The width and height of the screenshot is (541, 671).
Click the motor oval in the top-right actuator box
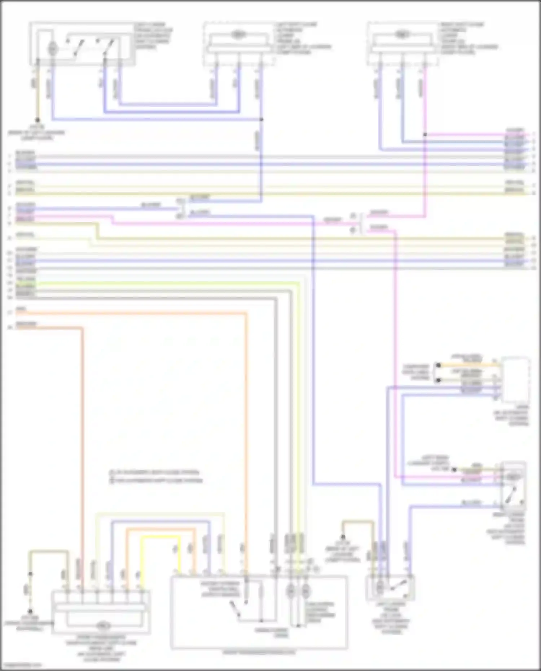point(400,35)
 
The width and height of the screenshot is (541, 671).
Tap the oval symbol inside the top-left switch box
point(53,48)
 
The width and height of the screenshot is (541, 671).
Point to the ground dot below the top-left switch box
point(37,120)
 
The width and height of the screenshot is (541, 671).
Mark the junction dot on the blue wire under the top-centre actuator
point(261,119)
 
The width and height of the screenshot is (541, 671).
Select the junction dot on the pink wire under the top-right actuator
point(425,134)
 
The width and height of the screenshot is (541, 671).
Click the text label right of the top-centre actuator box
point(303,38)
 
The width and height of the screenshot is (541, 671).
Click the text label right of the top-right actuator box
point(468,38)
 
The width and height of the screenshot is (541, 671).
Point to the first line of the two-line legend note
point(155,472)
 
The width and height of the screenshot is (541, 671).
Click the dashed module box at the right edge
point(516,380)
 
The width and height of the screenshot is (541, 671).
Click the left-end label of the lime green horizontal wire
point(26,285)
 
